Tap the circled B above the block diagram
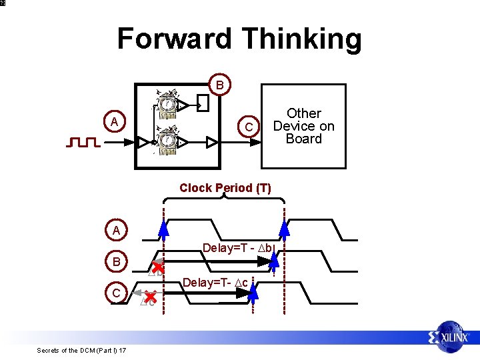(219, 84)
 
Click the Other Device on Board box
(303, 126)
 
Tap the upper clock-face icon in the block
(167, 104)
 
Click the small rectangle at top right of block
(202, 104)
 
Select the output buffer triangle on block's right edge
(212, 142)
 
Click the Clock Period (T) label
(225, 188)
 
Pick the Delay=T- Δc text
(215, 283)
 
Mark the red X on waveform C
(151, 296)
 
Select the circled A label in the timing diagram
(116, 231)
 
